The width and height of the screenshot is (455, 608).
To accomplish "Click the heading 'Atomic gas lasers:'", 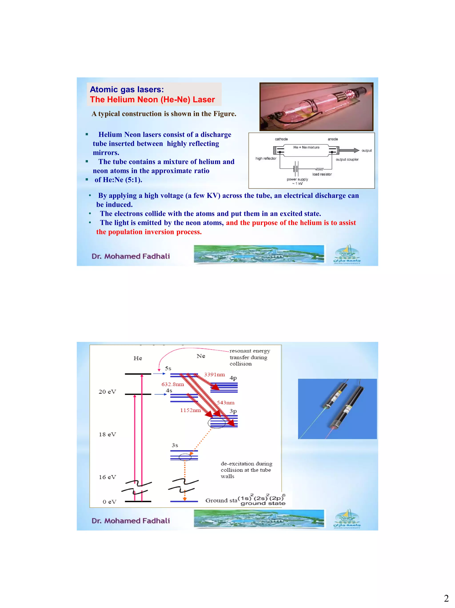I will pos(127,90).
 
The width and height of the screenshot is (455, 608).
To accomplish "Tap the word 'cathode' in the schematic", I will pos(281,139).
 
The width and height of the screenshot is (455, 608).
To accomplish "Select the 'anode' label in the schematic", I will pos(332,139).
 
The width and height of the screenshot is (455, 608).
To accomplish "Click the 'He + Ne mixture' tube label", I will pos(306,147).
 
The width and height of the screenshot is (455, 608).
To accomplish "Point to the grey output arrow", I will pos(349,150).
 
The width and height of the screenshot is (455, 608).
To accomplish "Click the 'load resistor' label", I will pos(322,174).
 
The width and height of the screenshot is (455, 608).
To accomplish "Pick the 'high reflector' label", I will pos(266,159).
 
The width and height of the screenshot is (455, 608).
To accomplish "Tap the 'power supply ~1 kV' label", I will pos(297,181).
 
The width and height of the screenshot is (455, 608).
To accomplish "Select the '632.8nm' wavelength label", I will pos(173,384).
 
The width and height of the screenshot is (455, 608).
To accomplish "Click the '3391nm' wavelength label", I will pos(214,375).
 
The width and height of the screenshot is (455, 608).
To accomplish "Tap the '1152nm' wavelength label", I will pos(190,410).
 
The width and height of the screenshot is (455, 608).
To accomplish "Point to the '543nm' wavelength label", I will pos(226,403).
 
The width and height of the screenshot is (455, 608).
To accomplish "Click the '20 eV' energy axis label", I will pos(107,392).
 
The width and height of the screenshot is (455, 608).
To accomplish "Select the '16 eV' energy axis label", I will pos(107,477).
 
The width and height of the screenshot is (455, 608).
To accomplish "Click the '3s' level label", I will pos(175,445).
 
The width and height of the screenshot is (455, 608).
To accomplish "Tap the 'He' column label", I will pos(138,358).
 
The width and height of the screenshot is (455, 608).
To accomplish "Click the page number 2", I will pos(446,598).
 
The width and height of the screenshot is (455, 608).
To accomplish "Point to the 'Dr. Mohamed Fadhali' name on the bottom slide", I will pos(130,521).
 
